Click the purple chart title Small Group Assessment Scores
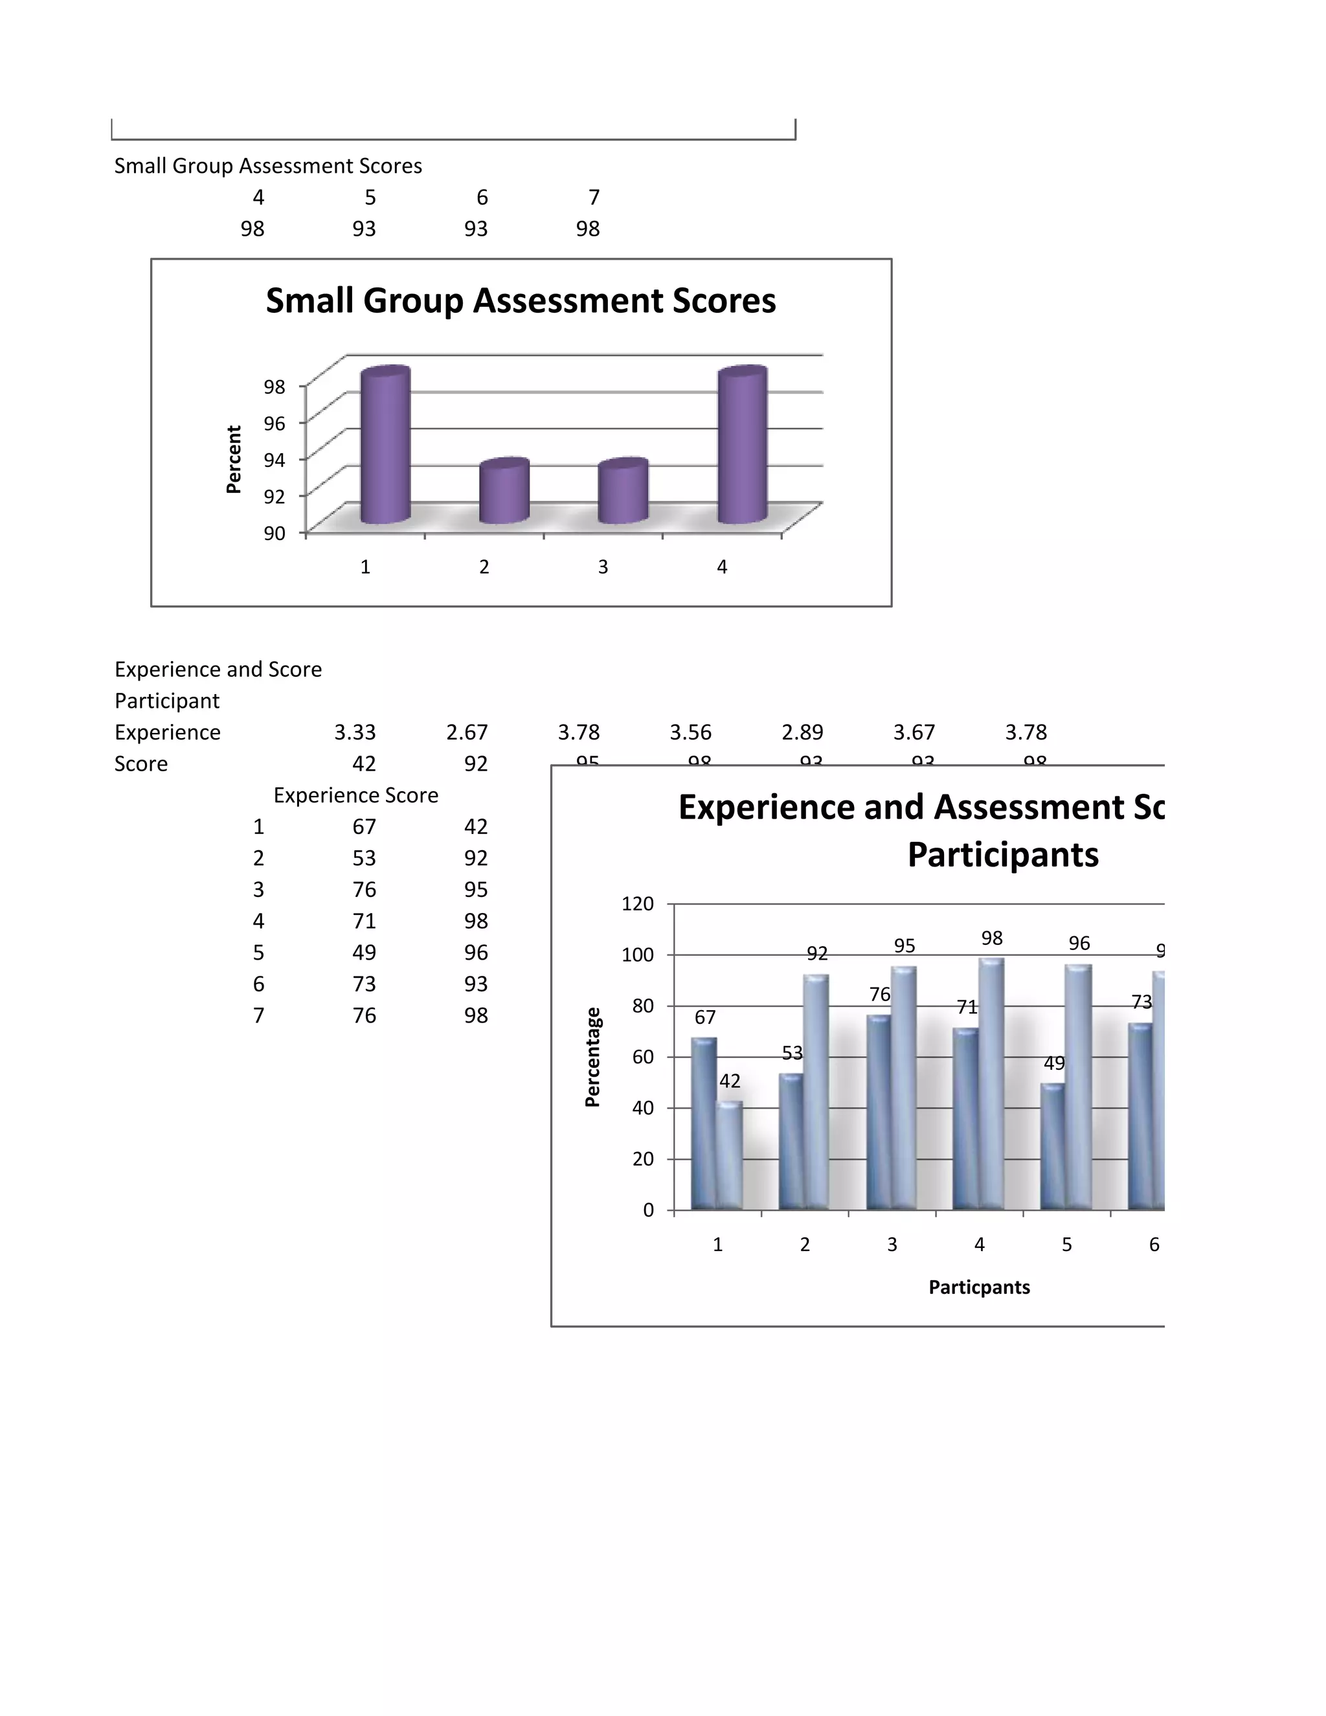521,301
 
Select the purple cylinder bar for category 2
504,492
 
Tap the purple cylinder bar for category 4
743,446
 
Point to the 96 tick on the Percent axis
274,423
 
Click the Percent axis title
233,460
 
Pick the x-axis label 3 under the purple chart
603,567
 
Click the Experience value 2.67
467,732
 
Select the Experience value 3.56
690,732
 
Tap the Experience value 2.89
802,732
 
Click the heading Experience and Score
218,670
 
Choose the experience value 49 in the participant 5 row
364,953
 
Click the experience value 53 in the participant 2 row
364,858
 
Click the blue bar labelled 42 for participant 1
730,1156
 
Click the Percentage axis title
593,1057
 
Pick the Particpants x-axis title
979,1287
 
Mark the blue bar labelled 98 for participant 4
991,1084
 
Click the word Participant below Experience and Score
167,701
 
